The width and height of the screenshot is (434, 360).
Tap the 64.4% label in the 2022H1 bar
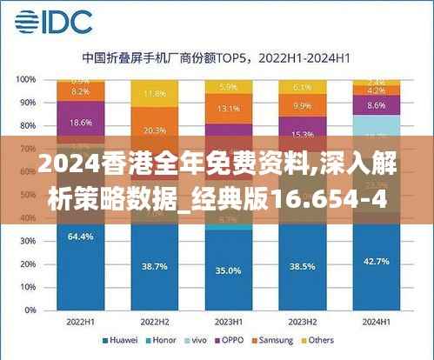pos(80,237)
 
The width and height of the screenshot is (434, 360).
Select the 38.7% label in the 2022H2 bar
pos(154,263)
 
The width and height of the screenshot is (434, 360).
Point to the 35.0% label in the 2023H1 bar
pos(228,270)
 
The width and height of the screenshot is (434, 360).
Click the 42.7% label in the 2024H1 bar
pos(376,262)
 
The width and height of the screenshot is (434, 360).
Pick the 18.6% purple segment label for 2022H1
pos(80,123)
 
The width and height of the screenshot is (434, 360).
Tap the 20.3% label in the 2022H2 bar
pos(154,130)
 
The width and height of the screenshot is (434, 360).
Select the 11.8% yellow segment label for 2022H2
pos(154,93)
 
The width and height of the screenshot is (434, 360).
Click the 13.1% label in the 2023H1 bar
pos(228,109)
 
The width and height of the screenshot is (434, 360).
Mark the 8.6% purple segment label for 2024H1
pos(376,105)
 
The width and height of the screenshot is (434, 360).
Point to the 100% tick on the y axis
pos(26,79)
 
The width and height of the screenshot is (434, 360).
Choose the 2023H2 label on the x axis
pos(302,321)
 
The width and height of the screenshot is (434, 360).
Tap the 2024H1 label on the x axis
pos(376,321)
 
